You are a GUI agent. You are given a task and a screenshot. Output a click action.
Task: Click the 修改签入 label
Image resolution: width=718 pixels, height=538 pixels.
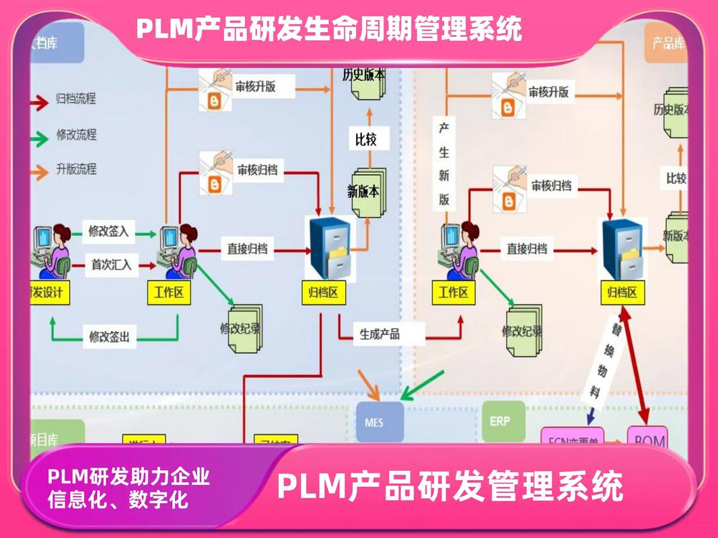pyautogui.click(x=108, y=232)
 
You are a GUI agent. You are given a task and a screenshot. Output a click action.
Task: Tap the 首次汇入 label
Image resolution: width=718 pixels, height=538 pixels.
pyautogui.click(x=111, y=265)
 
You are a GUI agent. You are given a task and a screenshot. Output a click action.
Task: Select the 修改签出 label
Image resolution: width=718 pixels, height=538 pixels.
pyautogui.click(x=108, y=336)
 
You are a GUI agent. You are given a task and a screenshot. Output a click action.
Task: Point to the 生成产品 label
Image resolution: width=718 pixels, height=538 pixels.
pyautogui.click(x=380, y=334)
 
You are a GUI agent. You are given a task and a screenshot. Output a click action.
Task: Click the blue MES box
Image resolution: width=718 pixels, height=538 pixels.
pyautogui.click(x=380, y=422)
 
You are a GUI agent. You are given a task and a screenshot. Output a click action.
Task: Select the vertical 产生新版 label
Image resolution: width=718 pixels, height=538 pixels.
pyautogui.click(x=444, y=165)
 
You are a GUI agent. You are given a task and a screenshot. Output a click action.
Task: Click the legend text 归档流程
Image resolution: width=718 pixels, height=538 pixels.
pyautogui.click(x=75, y=99)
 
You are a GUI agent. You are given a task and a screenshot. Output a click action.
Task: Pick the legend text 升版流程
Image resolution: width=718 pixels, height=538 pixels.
pyautogui.click(x=75, y=169)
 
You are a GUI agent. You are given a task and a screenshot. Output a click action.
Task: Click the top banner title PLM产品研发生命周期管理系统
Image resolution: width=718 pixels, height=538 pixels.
pyautogui.click(x=329, y=29)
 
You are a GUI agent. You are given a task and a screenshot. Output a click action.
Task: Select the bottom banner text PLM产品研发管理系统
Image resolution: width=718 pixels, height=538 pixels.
pyautogui.click(x=450, y=486)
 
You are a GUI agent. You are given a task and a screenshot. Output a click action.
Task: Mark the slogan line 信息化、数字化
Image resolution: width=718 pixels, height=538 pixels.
pyautogui.click(x=118, y=500)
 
